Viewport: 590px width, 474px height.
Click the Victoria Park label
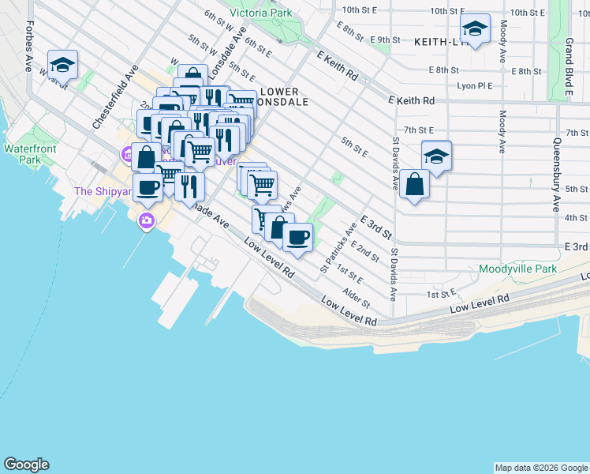pyautogui.click(x=261, y=13)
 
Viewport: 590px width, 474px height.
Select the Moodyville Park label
pyautogui.click(x=517, y=269)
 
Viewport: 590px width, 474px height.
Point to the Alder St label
pyautogui.click(x=357, y=297)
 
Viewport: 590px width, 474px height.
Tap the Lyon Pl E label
pyautogui.click(x=474, y=86)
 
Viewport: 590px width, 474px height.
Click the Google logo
pyautogui.click(x=26, y=465)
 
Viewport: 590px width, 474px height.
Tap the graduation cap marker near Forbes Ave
pyautogui.click(x=62, y=64)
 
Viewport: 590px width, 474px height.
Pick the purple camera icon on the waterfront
pyautogui.click(x=146, y=220)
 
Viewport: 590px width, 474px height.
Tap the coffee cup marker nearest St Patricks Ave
pyautogui.click(x=297, y=237)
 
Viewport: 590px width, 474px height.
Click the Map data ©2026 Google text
pyautogui.click(x=540, y=468)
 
